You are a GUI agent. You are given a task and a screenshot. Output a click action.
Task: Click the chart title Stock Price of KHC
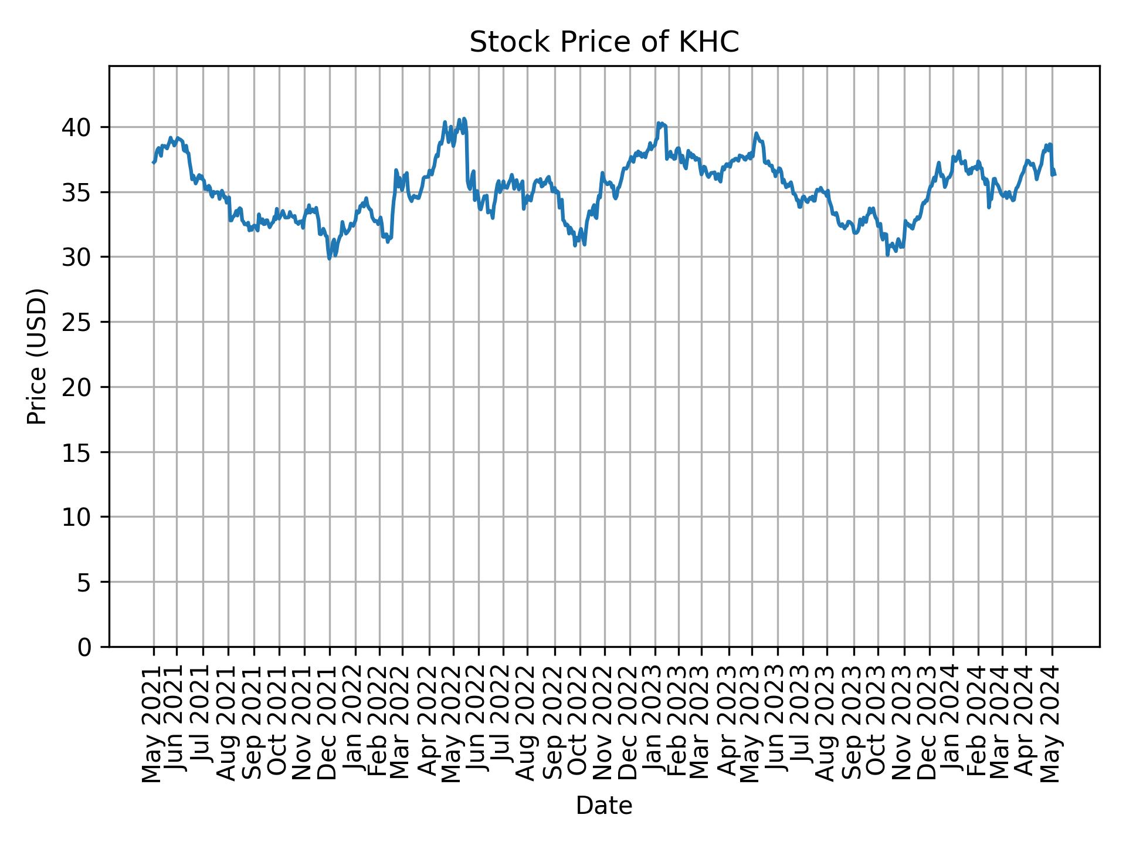tap(604, 42)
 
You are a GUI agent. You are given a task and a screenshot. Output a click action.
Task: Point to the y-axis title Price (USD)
tap(37, 356)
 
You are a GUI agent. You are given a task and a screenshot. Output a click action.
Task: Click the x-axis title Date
tap(604, 806)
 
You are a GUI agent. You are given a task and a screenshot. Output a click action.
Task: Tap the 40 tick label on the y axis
tap(77, 127)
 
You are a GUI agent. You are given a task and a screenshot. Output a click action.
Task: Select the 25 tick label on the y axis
tap(77, 322)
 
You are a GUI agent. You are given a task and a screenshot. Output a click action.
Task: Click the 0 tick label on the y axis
tap(85, 647)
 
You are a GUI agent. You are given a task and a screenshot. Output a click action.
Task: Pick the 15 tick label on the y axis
tap(77, 452)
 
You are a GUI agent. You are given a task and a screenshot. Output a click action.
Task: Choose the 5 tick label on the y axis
tap(85, 582)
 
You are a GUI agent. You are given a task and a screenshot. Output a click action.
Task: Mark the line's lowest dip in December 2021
tap(330, 258)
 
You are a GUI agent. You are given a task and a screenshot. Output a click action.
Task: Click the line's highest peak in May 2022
tap(464, 119)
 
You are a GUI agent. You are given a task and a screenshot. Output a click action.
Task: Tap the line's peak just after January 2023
tap(659, 123)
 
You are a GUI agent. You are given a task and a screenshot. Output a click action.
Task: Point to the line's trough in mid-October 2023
tap(888, 255)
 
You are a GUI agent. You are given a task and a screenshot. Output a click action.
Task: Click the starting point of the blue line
tap(153, 163)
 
